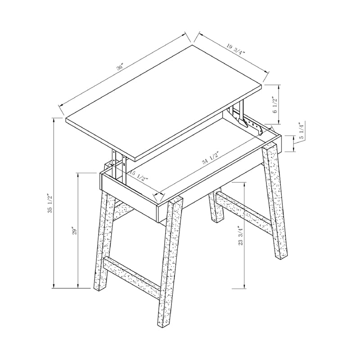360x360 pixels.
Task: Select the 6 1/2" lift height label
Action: [274, 104]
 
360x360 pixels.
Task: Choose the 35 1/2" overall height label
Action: [51, 203]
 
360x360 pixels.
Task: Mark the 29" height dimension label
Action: [75, 230]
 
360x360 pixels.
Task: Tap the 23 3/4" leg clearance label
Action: [241, 235]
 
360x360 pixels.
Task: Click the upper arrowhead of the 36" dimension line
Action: [184, 33]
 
